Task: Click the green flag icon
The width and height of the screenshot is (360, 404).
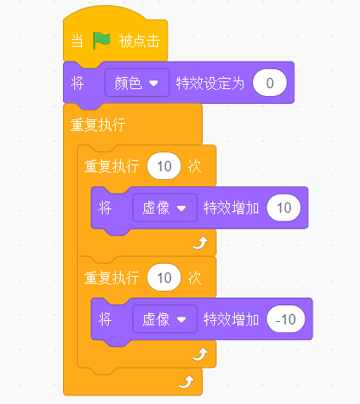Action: [101, 41]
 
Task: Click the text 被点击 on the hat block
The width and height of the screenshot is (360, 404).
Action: [139, 41]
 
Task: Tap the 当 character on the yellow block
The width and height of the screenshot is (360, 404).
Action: [77, 41]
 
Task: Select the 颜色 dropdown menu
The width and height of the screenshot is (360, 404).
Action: [137, 83]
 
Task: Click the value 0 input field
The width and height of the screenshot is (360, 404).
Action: [269, 83]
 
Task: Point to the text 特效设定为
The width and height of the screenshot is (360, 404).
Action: [210, 83]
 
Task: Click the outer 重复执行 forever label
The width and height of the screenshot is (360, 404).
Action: [98, 125]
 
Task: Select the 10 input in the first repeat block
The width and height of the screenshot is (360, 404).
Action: [164, 166]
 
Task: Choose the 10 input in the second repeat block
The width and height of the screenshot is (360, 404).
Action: [164, 278]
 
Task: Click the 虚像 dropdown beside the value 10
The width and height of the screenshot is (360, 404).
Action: [165, 208]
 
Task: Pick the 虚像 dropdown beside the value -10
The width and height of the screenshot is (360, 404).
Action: [165, 319]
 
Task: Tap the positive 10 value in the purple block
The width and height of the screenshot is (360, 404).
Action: [284, 208]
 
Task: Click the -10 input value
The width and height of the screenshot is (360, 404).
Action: [286, 319]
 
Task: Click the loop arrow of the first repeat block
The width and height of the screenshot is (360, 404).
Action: [200, 243]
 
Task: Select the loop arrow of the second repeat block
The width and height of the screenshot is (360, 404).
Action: [200, 355]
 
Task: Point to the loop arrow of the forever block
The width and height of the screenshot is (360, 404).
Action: [186, 382]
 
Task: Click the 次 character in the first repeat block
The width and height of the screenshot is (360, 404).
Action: [194, 166]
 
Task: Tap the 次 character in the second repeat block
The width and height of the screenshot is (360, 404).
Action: [194, 278]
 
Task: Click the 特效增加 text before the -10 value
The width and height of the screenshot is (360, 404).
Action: [231, 319]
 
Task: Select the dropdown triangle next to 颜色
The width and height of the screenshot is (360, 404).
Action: [154, 83]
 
